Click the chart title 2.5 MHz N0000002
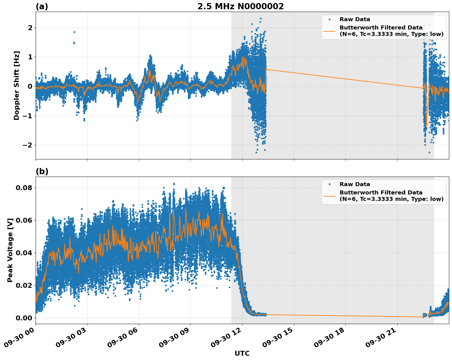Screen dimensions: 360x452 coord(240,6)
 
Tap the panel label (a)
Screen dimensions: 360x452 coord(42,6)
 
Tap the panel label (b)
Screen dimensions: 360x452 coord(42,171)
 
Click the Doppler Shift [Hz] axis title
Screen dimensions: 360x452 coord(17,85)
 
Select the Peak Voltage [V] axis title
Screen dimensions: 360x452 coord(10,250)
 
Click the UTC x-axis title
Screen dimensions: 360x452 coord(242,353)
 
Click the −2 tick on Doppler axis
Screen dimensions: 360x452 coord(28,145)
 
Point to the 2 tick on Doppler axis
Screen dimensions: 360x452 coord(30,28)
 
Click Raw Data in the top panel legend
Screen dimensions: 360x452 coord(355,19)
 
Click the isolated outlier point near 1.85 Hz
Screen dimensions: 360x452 coord(74,32)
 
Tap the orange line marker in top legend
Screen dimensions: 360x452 coord(329,31)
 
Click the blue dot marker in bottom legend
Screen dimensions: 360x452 coord(329,184)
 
